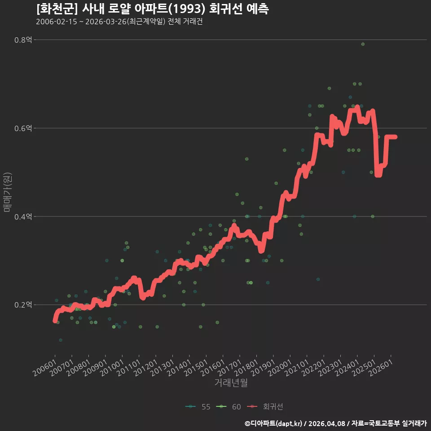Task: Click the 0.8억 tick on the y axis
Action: pos(23,40)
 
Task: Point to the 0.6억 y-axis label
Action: pos(23,128)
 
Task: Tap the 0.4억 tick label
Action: pos(23,216)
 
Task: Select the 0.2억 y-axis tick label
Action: pos(23,305)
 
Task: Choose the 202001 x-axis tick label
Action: pos(280,368)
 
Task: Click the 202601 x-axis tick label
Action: pos(381,368)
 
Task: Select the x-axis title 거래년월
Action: pos(231,383)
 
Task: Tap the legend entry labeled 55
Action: pos(198,407)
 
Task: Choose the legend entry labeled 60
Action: pos(229,407)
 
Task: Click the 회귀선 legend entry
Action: pos(265,407)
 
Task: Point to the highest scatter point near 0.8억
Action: pos(363,44)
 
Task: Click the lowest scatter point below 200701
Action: pos(61,340)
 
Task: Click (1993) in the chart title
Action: pos(187,9)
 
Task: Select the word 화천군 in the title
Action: pos(57,9)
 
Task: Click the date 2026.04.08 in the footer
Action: pos(327,423)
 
